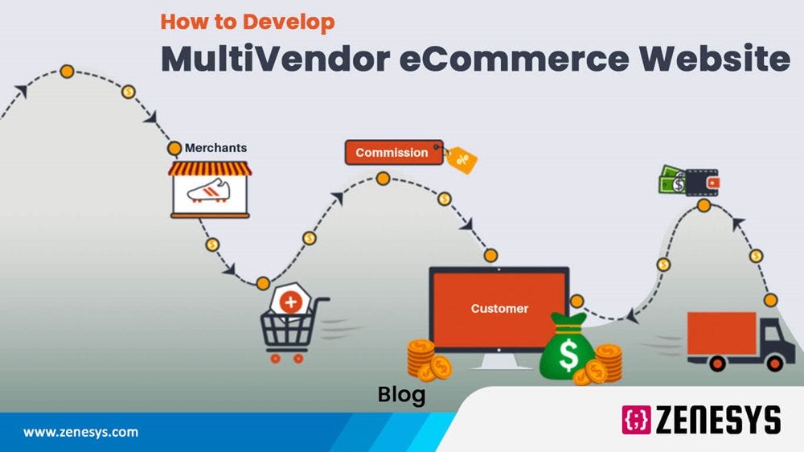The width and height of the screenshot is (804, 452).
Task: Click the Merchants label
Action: [x=215, y=148]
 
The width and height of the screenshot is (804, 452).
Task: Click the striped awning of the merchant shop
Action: [x=210, y=168]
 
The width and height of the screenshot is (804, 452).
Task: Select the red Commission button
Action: [x=393, y=152]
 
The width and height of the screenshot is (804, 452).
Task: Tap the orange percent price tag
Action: [x=461, y=159]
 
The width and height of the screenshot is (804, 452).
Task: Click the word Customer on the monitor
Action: [x=499, y=308]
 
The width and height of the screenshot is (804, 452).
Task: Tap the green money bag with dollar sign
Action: [x=567, y=349]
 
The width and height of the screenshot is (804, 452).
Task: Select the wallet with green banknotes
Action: [x=689, y=180]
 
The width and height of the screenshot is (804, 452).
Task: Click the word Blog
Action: [x=401, y=395]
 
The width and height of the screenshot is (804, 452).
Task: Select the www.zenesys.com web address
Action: [x=80, y=432]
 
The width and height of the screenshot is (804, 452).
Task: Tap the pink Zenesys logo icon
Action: [x=636, y=420]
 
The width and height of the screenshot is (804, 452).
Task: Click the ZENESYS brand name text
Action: [x=719, y=420]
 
